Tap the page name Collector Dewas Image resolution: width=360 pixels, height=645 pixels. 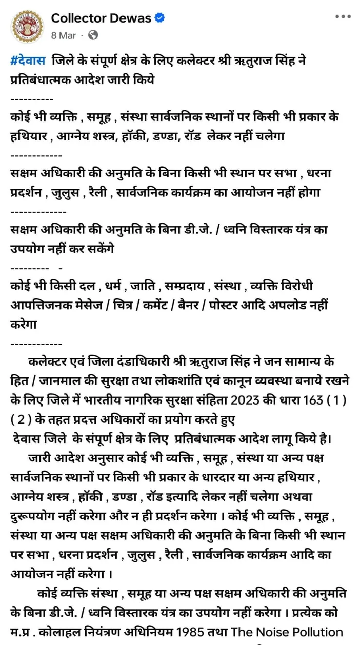click(x=101, y=18)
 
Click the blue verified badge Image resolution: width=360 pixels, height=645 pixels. click(x=160, y=18)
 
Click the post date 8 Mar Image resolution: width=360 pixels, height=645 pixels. click(x=63, y=35)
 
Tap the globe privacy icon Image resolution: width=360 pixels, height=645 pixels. click(x=93, y=35)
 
